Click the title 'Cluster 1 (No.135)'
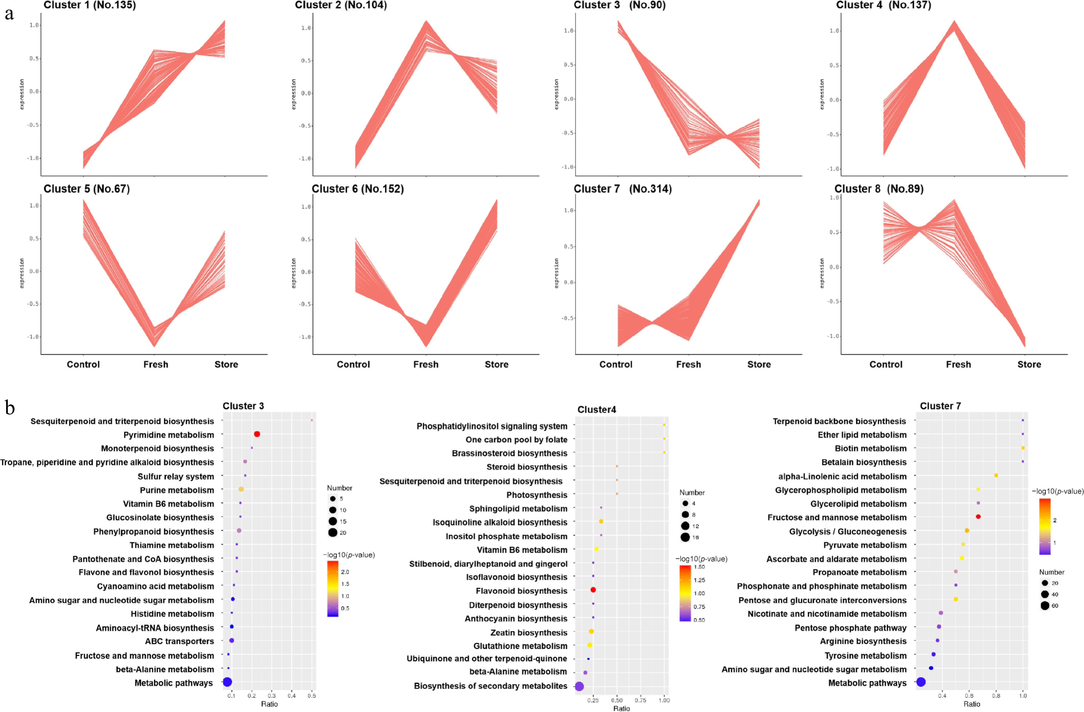[90, 5]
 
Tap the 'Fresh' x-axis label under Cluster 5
[156, 364]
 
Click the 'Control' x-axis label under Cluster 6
[353, 364]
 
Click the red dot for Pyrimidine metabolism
[257, 434]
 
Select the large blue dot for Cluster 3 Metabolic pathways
[227, 682]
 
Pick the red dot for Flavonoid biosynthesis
[593, 590]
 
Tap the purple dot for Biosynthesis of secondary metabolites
[579, 686]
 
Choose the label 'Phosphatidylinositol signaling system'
[492, 426]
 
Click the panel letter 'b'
[10, 407]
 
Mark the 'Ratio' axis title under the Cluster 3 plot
[269, 704]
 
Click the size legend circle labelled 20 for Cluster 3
[332, 532]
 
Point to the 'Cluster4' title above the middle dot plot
[596, 409]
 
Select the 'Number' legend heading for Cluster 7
[1052, 572]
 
